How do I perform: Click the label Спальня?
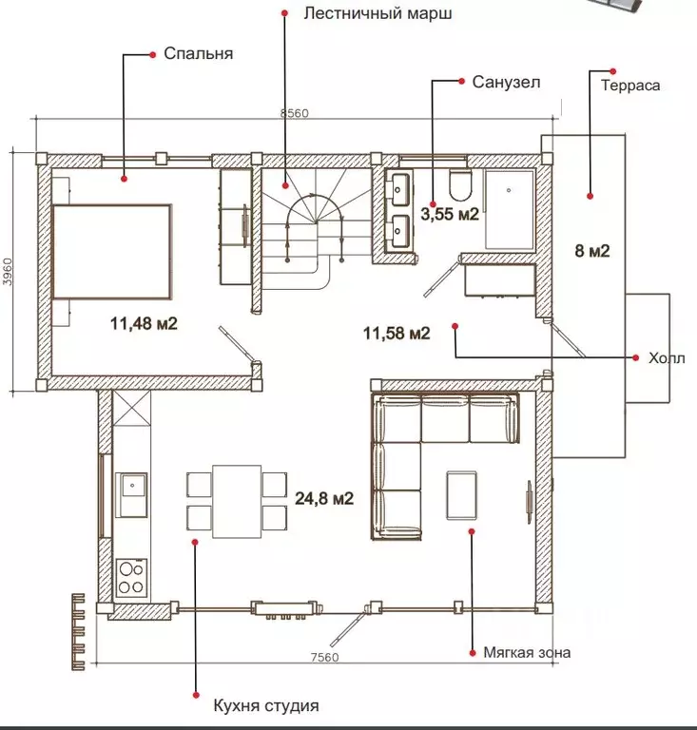[198, 53]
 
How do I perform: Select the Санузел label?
[506, 82]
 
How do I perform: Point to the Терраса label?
[629, 85]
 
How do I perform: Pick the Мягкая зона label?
[527, 653]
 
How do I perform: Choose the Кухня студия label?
[266, 706]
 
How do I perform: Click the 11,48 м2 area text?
[145, 324]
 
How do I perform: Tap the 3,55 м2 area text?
[451, 214]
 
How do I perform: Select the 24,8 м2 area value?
[324, 497]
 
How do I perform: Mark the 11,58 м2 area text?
[397, 333]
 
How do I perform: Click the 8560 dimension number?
[294, 114]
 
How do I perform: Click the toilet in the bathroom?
[458, 183]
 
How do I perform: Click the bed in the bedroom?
[111, 252]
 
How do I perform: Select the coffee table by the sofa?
[463, 495]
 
